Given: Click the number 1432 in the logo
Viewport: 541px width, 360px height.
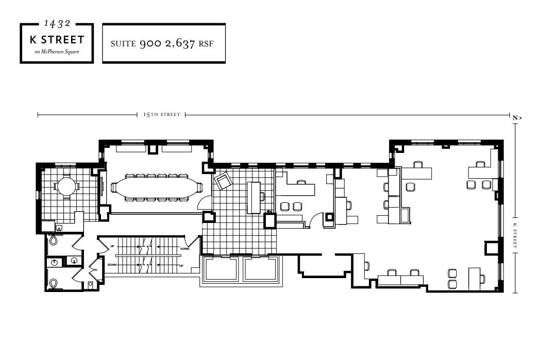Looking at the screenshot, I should point(57,23).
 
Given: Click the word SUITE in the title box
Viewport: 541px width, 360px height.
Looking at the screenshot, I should point(124,44).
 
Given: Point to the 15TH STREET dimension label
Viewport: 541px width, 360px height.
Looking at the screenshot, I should point(162,114).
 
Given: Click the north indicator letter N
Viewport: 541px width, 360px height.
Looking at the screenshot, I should point(515,118).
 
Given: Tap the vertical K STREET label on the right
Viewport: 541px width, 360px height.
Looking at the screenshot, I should point(515,236).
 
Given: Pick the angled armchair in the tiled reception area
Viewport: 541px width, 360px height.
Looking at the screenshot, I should point(224,181).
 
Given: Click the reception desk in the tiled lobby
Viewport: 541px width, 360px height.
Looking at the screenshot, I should point(254,197).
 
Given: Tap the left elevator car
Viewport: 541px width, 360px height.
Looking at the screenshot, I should point(221,269).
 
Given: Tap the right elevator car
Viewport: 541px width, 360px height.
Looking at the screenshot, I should point(260,269).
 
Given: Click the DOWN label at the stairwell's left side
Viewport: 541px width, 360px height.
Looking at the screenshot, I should point(112,265).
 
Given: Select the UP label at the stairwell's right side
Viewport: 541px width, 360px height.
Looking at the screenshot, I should point(181,265).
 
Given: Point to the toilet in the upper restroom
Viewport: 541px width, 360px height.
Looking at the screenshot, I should point(53,241).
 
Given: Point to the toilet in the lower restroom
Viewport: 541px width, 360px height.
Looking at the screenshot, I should point(53,283).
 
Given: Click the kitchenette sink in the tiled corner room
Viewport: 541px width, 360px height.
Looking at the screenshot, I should point(58,227).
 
